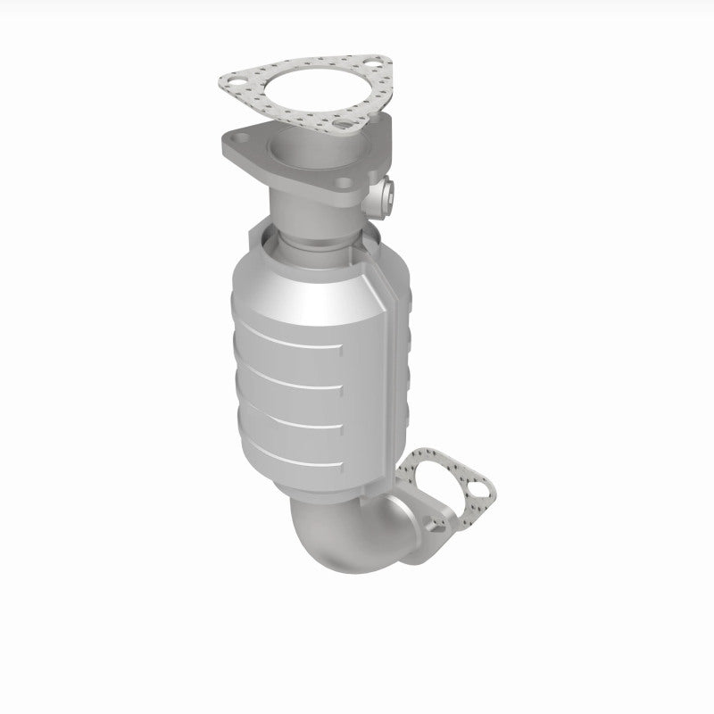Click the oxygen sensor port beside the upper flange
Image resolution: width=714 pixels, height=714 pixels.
[x=387, y=190]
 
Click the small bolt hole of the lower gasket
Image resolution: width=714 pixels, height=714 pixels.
[x=483, y=489]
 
